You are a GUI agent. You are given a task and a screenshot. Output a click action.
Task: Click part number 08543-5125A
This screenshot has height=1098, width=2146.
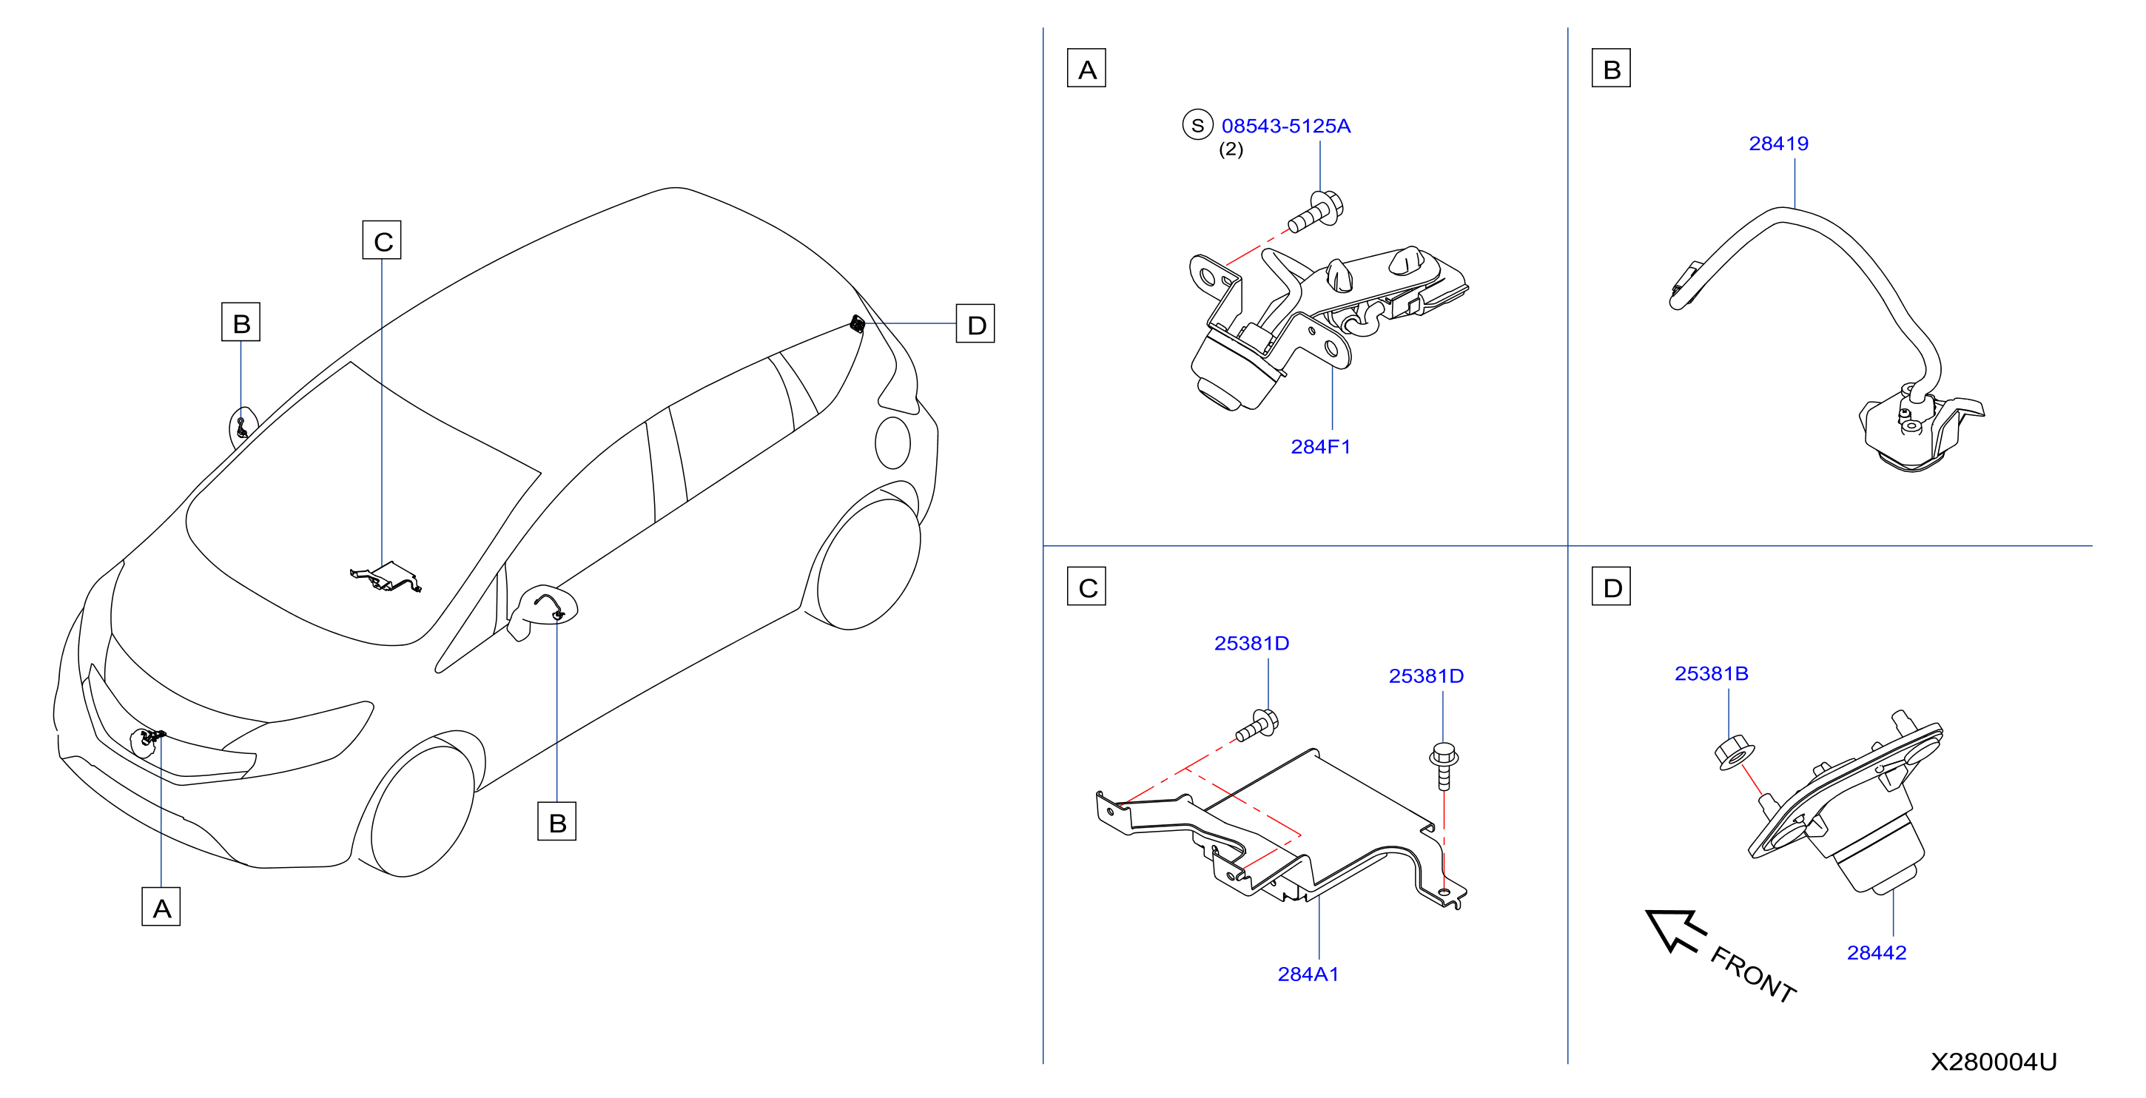[1285, 126]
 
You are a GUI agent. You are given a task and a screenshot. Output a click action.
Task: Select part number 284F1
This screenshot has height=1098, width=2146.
[1320, 447]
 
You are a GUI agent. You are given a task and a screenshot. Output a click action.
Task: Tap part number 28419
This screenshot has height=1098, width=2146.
[1779, 144]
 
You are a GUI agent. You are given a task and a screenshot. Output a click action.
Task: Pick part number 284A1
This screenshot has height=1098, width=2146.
[1308, 974]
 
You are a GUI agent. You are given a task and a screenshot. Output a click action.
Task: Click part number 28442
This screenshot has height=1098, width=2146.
[1876, 952]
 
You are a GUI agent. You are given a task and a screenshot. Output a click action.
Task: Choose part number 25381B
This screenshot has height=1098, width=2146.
[1711, 673]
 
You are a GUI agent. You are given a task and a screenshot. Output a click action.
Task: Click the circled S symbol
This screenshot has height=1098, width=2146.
[1197, 125]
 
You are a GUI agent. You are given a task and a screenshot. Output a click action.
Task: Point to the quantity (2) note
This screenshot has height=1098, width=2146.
[1231, 149]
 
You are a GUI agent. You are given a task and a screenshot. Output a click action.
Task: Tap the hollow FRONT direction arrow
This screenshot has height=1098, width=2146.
[1675, 930]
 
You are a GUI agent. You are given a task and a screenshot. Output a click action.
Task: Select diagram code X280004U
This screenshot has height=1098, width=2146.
[1994, 1061]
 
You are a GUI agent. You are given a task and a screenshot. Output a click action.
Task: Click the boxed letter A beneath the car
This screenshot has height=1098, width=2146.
[161, 906]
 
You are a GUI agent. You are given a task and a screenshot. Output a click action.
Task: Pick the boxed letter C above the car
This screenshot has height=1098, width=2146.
[382, 240]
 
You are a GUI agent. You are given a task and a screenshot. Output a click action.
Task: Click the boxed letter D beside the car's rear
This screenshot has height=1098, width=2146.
[975, 324]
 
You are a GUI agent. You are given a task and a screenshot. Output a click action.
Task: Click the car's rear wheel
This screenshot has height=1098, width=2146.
[868, 562]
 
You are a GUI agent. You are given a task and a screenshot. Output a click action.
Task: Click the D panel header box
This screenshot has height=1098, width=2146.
[1611, 587]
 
